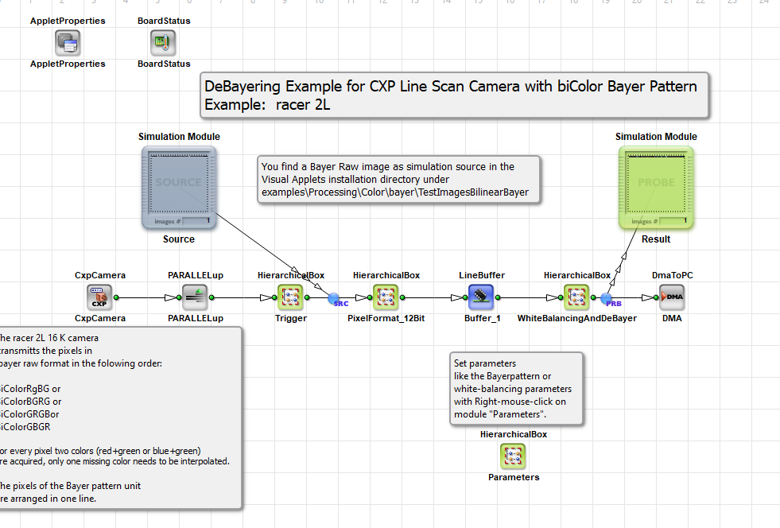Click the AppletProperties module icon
[68, 42]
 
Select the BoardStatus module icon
[164, 42]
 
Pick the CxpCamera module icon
[99, 297]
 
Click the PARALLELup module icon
[195, 297]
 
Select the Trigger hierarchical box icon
[290, 297]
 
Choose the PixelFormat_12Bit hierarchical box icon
[386, 297]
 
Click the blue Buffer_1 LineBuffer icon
[481, 297]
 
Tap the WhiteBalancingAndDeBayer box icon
[576, 297]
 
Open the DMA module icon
[672, 297]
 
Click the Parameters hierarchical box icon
[513, 456]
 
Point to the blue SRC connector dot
[334, 298]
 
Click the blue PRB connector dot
[607, 298]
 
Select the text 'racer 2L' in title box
[301, 104]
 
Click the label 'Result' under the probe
[656, 239]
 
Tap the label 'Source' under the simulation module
[179, 239]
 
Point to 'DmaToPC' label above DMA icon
[672, 276]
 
